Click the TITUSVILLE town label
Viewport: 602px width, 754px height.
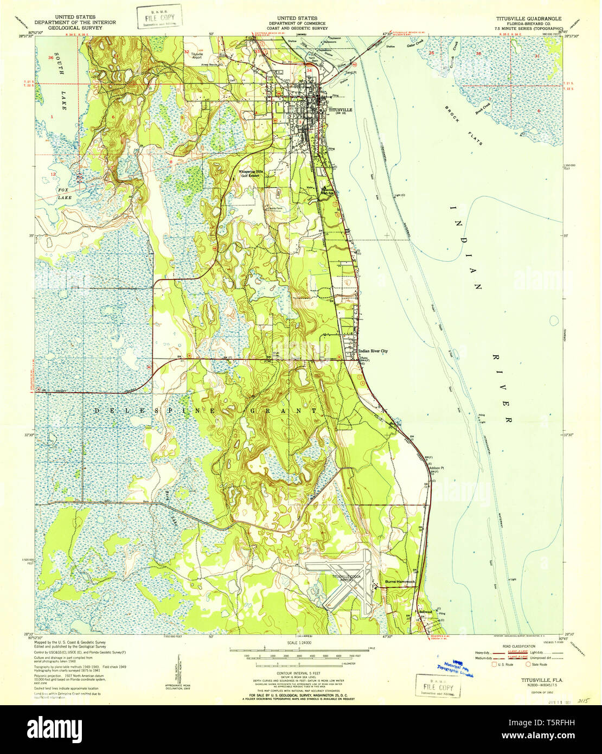point(340,110)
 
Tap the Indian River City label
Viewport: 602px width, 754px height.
point(373,351)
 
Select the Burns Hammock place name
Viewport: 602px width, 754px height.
point(400,582)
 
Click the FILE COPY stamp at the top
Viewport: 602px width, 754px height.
point(159,17)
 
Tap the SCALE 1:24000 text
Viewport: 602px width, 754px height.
point(299,642)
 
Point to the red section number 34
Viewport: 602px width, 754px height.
point(310,70)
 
